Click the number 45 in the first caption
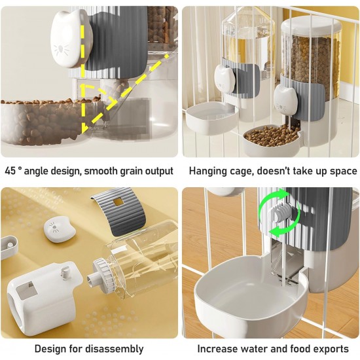pyautogui.click(x=10, y=171)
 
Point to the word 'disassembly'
pyautogui.click(x=115, y=350)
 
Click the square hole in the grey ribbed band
pyautogui.click(x=118, y=202)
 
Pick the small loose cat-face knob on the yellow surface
pyautogui.click(x=59, y=230)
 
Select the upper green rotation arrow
pyautogui.click(x=273, y=198)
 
